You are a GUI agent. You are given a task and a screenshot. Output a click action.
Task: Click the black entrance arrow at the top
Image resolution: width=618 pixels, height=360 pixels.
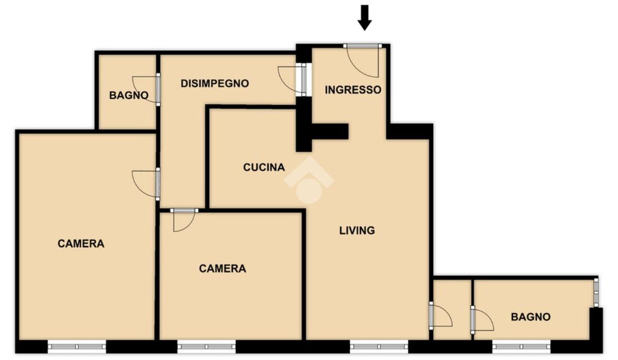(x=365, y=18)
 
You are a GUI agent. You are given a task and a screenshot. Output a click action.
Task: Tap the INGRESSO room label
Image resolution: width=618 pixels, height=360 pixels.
(x=353, y=90)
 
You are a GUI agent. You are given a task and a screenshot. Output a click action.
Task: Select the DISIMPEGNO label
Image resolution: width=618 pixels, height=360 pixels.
(x=215, y=83)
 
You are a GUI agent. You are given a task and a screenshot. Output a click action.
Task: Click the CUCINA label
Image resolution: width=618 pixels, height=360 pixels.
(x=264, y=167)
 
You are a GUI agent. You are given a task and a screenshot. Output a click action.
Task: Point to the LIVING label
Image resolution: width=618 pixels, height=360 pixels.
(x=357, y=230)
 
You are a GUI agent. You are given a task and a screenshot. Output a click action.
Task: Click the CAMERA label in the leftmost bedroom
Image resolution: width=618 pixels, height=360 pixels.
(x=81, y=244)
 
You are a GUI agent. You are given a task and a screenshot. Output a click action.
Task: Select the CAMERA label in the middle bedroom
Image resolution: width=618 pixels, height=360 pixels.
(x=222, y=268)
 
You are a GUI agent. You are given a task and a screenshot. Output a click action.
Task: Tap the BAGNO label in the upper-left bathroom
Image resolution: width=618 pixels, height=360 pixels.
(x=129, y=95)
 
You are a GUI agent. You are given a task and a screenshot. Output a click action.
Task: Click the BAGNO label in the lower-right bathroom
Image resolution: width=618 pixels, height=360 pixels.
(x=530, y=317)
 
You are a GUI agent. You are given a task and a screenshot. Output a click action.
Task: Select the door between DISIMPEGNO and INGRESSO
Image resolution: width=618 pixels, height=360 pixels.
(x=293, y=79)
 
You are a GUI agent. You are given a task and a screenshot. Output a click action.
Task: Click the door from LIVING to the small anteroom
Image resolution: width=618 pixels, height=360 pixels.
(x=441, y=316)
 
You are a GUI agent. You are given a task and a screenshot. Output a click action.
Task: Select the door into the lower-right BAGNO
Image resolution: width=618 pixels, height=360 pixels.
(x=482, y=320)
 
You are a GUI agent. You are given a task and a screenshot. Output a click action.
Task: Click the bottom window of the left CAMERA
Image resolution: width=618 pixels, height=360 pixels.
(x=77, y=347)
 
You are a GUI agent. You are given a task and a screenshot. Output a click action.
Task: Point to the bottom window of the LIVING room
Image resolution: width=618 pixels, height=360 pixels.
(x=379, y=347)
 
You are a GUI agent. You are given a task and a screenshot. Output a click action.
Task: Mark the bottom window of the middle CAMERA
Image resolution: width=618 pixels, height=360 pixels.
(x=207, y=347)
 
